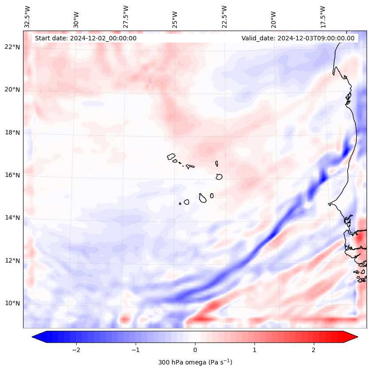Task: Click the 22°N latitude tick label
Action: tap(12, 47)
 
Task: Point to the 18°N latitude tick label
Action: tap(12, 133)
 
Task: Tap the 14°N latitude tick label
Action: tap(12, 218)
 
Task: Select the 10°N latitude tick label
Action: tap(12, 303)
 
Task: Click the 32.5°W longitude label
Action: tap(27, 16)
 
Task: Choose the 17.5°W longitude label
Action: tap(323, 16)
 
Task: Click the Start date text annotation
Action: tap(86, 38)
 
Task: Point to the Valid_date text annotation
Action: tap(298, 38)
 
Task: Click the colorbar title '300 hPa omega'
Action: tap(195, 362)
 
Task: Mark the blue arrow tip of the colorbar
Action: tap(33, 337)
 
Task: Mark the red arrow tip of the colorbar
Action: tap(357, 337)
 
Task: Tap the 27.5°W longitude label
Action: tap(126, 16)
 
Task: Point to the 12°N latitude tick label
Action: tap(12, 261)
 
